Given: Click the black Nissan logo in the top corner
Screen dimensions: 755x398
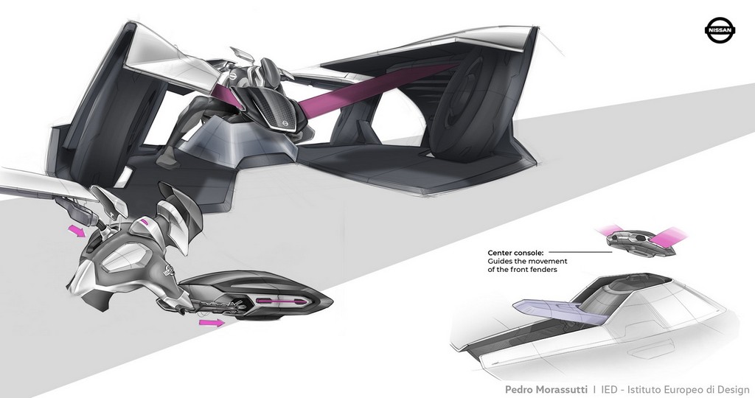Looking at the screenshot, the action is pos(721,29).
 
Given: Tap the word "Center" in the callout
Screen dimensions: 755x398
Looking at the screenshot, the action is pos(500,253).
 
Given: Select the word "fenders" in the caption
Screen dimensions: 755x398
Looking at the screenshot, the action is pos(543,270).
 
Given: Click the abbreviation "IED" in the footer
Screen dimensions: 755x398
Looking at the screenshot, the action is pos(610,389).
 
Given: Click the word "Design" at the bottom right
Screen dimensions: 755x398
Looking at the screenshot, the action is pos(735,389).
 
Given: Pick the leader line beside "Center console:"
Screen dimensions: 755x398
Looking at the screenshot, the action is pos(580,251).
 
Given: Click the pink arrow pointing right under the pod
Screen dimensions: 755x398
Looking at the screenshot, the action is pos(211,322).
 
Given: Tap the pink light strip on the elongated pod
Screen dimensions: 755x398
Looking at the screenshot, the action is pos(280,301).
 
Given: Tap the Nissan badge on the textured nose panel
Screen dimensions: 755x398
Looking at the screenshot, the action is pos(284,125).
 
